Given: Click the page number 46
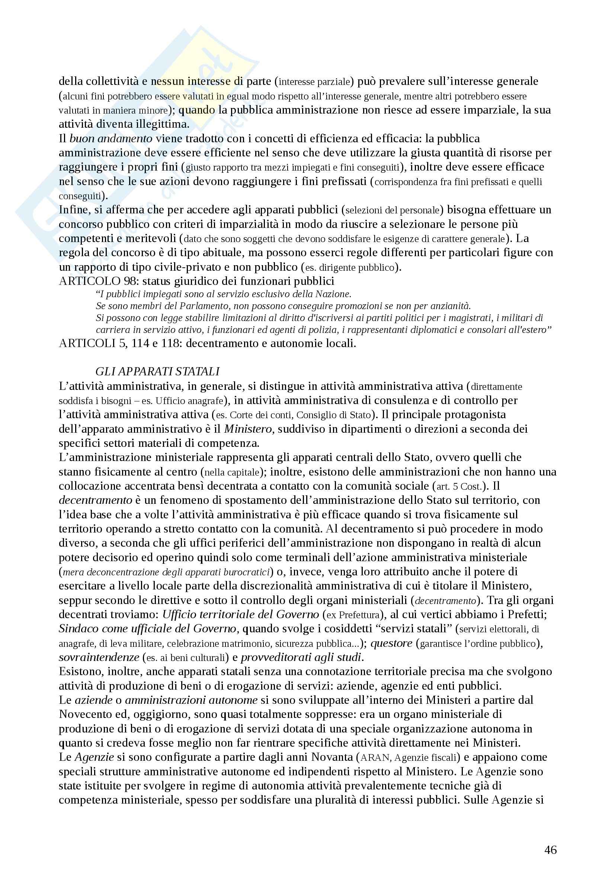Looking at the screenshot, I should click(551, 850).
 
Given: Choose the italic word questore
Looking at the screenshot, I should click(392, 643).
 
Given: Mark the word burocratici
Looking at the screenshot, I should click(246, 572).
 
